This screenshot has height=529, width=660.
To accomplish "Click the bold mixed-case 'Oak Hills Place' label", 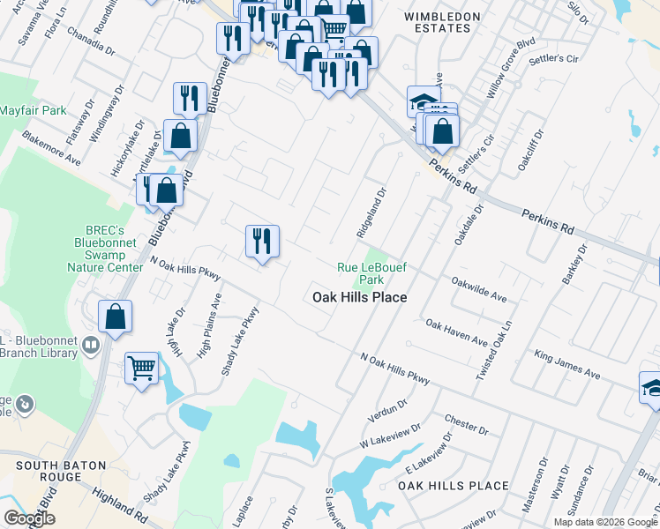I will point(360,297).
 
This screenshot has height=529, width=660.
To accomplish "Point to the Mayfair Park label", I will point(33,111).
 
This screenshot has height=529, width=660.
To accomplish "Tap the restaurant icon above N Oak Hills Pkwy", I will point(262,241).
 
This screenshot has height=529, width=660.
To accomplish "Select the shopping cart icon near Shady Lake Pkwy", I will point(141,369).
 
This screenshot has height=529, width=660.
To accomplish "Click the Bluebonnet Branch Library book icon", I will point(90,344).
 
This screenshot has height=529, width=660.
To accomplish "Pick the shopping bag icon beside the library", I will point(116,317).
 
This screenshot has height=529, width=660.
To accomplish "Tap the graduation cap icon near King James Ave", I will point(653,388).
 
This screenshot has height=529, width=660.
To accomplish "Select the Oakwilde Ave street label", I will point(478,290).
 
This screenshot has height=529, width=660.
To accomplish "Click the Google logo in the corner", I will point(30,518).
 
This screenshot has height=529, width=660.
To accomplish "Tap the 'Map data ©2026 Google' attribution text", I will point(604,522).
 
